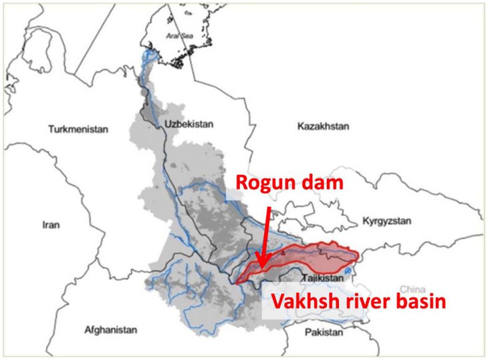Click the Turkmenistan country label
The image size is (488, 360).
(x=78, y=130)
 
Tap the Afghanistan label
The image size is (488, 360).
(x=111, y=330)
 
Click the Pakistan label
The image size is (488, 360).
(x=324, y=332)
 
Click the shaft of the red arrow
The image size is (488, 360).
(x=266, y=234)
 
